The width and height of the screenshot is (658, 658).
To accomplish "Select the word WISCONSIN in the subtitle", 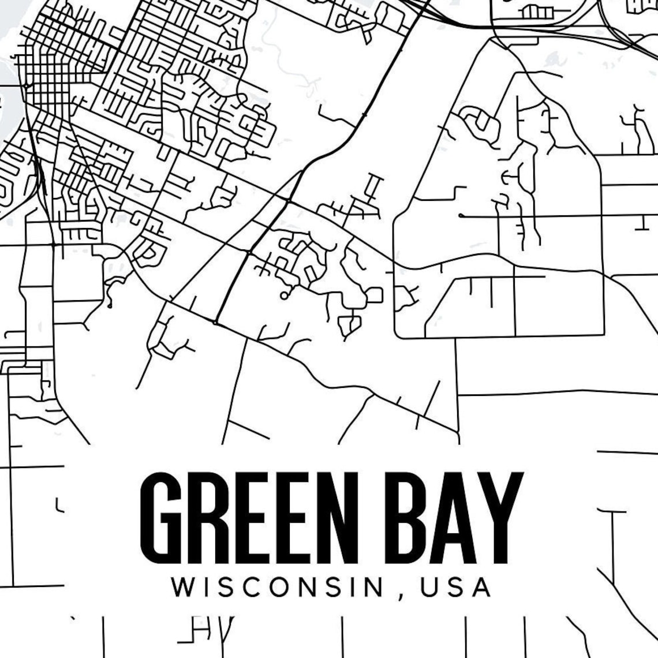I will (277, 588).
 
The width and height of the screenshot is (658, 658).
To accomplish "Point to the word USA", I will (456, 588).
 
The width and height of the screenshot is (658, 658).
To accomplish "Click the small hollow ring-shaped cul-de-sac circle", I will (283, 296).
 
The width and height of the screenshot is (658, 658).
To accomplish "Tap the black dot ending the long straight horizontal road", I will (461, 215).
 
